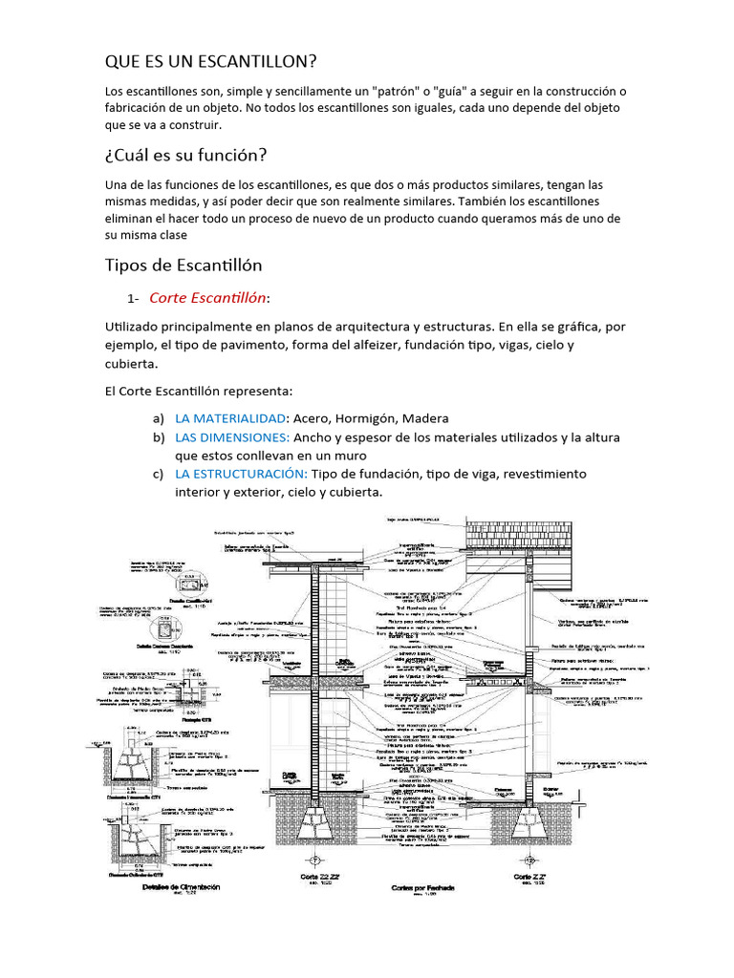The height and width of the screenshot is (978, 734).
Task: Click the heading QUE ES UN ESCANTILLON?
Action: pyautogui.click(x=210, y=62)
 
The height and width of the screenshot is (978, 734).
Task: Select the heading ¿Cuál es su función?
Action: pyautogui.click(x=185, y=155)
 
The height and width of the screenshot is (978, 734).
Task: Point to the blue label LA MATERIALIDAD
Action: pyautogui.click(x=230, y=418)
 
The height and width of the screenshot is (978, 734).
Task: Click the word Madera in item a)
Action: pyautogui.click(x=425, y=418)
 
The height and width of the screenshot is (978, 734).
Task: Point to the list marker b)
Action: pyautogui.click(x=159, y=437)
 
